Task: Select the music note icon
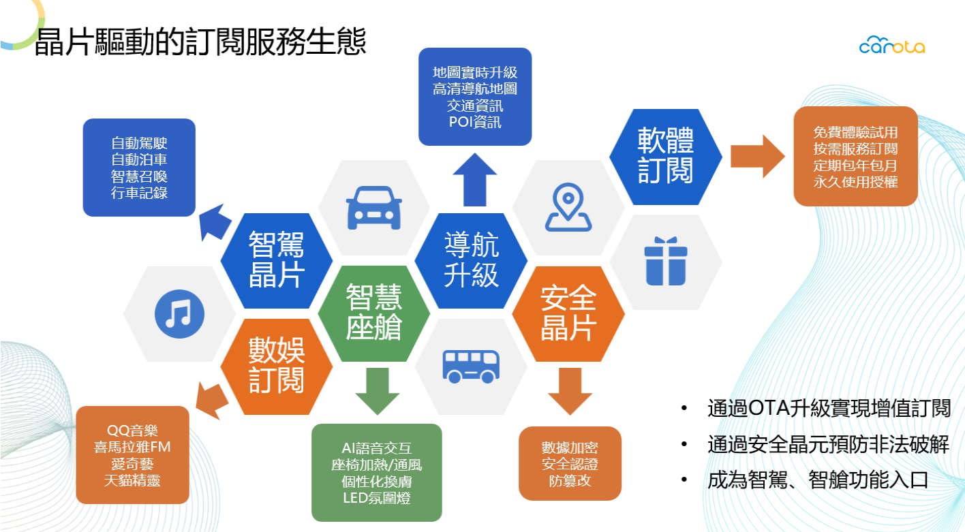pyautogui.click(x=180, y=313)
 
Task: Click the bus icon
pyautogui.click(x=470, y=365)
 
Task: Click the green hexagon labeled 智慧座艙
pyautogui.click(x=374, y=312)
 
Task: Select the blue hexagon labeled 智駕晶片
pyautogui.click(x=277, y=260)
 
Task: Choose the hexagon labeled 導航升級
pyautogui.click(x=471, y=260)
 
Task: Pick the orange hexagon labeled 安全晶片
pyautogui.click(x=568, y=313)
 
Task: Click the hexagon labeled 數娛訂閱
pyautogui.click(x=277, y=365)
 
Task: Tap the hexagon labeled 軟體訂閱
pyautogui.click(x=665, y=155)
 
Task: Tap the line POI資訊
pyautogui.click(x=475, y=123)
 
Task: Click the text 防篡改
pyautogui.click(x=570, y=481)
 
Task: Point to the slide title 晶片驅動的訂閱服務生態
pyautogui.click(x=200, y=42)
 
